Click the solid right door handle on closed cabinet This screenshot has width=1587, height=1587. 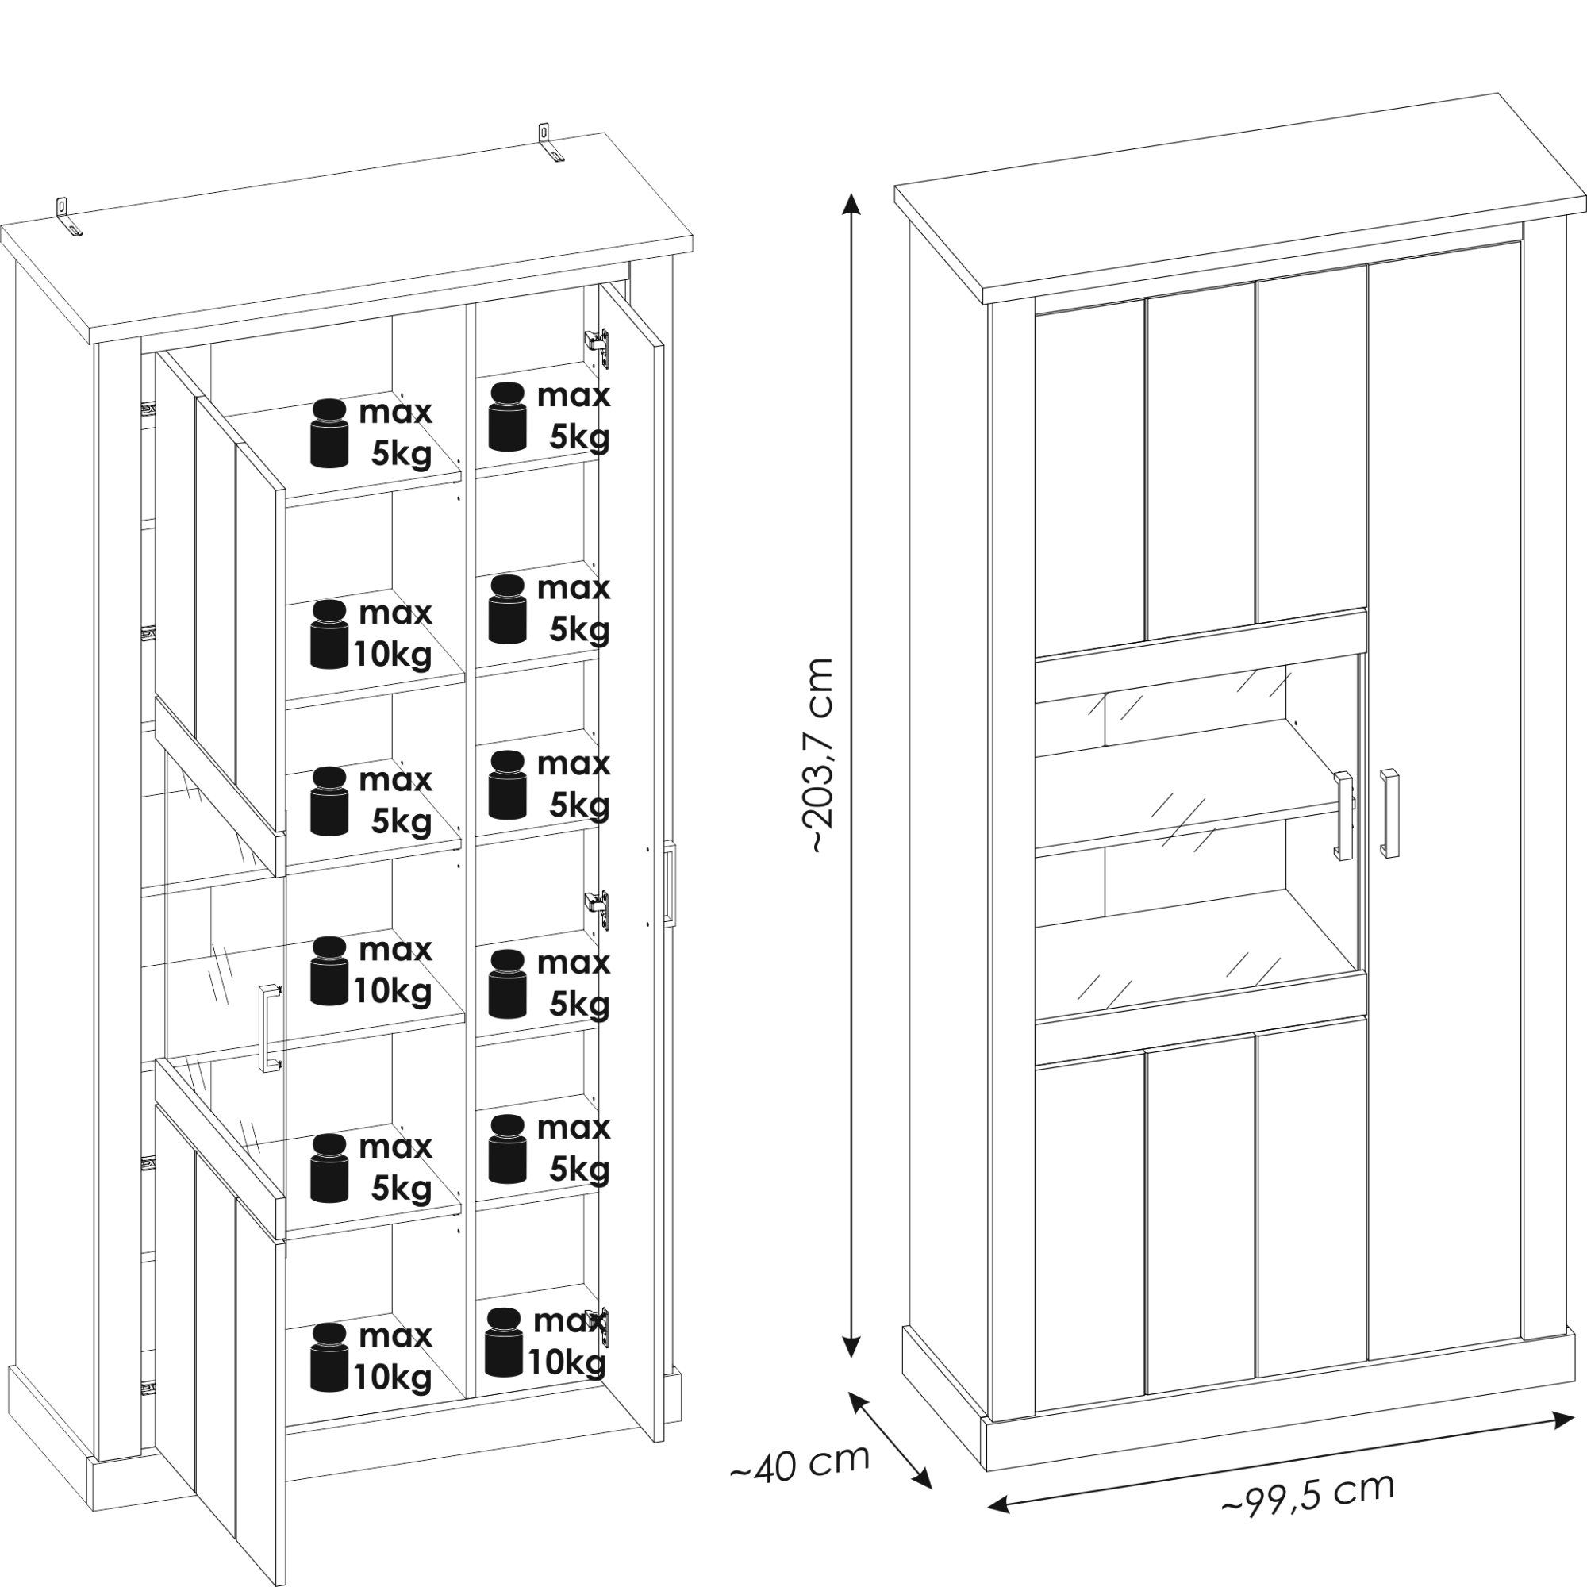coord(1389,813)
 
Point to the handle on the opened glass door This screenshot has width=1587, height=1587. coord(267,1028)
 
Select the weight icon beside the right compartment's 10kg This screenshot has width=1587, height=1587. coord(504,1343)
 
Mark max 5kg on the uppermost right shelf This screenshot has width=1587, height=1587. coord(574,416)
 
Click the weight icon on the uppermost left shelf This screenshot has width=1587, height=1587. coord(329,433)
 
